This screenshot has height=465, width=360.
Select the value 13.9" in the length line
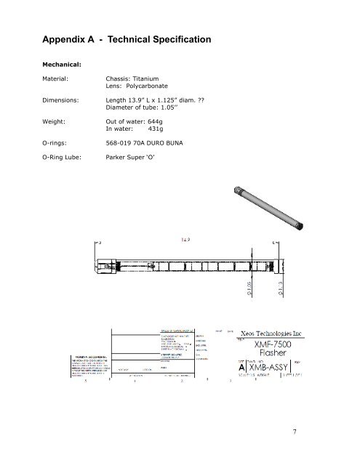(141, 102)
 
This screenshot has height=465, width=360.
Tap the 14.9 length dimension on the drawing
(188, 238)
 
